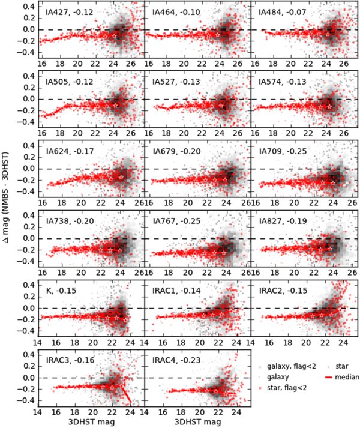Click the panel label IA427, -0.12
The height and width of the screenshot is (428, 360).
pos(66,12)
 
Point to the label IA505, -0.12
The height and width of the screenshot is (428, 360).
pos(66,82)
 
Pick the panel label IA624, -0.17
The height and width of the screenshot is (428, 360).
pos(66,151)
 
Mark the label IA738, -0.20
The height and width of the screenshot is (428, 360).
pos(66,221)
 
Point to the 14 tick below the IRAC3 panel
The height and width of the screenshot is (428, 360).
pos(37,413)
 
